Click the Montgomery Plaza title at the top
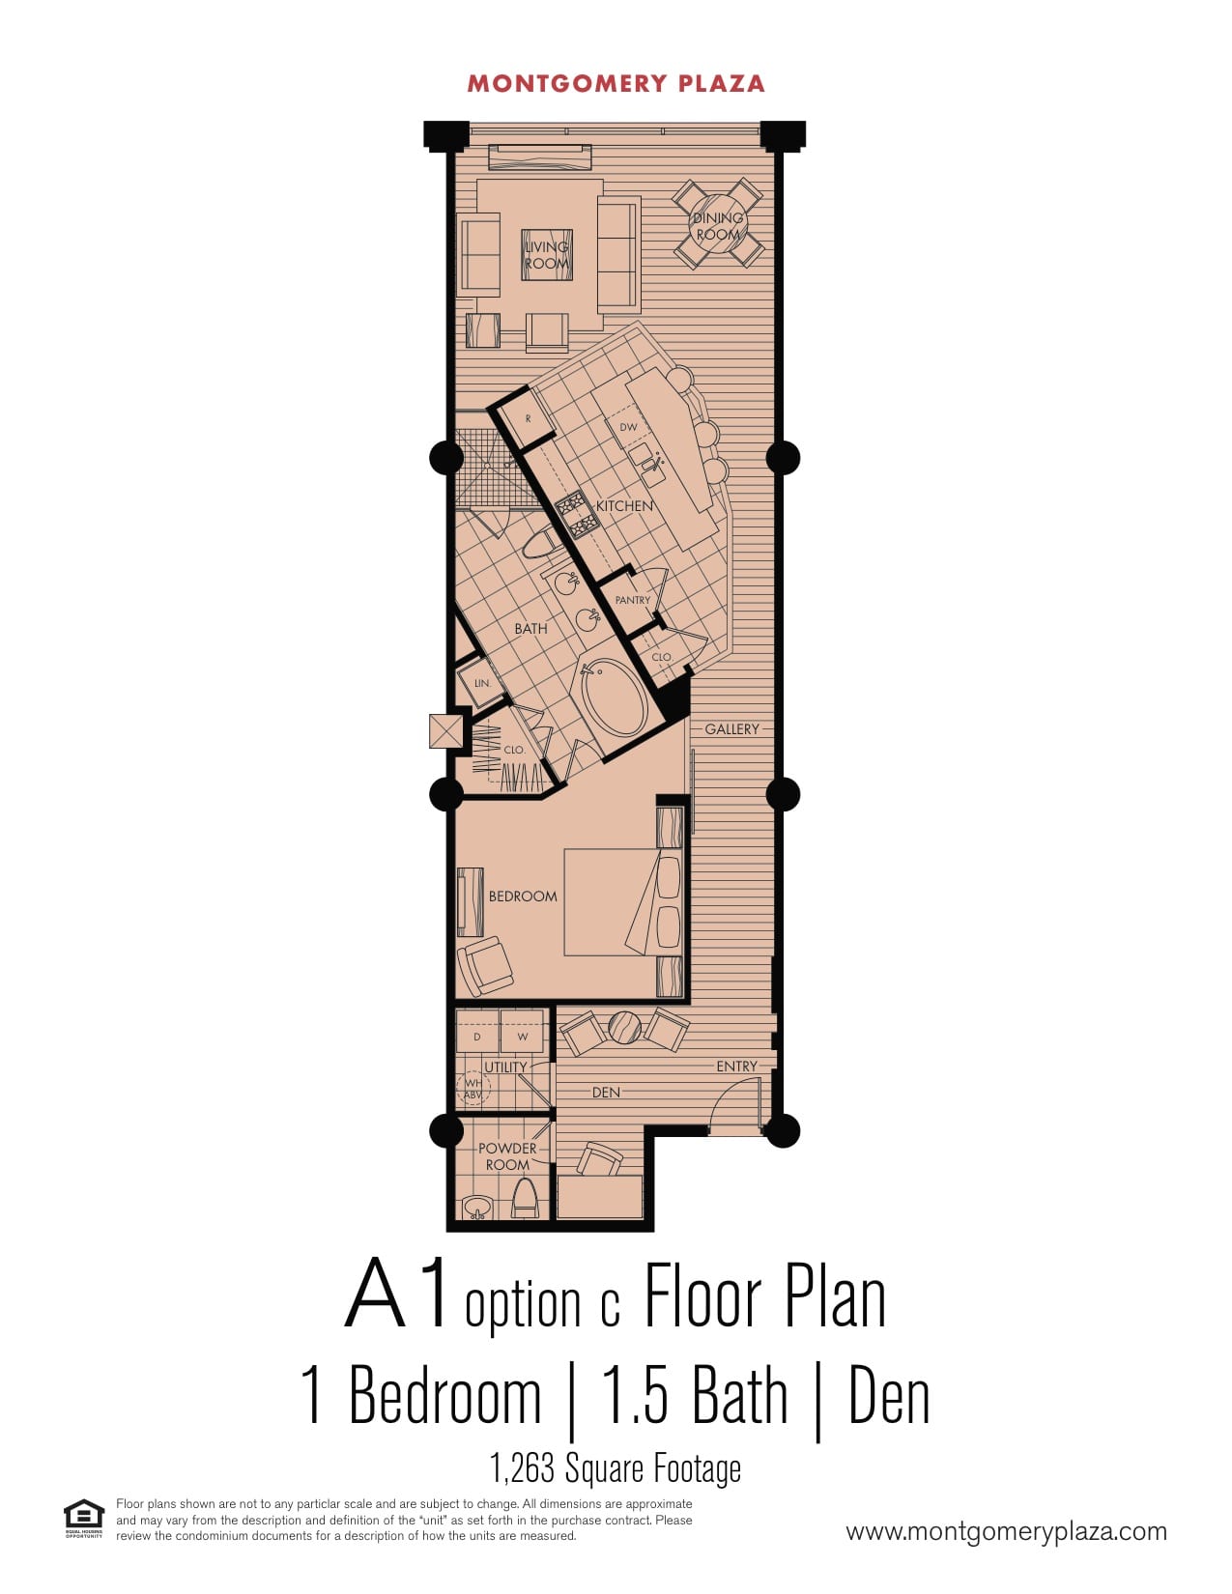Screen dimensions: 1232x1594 coord(616,84)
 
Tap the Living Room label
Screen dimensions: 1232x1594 coord(547,255)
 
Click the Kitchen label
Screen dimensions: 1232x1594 coord(623,505)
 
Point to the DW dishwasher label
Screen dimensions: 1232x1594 coord(628,427)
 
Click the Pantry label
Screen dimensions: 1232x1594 coord(633,599)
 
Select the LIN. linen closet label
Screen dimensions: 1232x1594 coord(482,683)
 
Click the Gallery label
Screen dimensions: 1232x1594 coord(731,729)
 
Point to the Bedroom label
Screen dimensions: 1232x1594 coord(523,896)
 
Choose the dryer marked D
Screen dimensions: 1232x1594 coord(477,1036)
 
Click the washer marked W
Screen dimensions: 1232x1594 coord(523,1036)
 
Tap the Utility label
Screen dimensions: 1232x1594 coord(505,1067)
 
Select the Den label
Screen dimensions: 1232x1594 coord(606,1093)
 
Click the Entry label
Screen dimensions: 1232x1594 coord(736,1066)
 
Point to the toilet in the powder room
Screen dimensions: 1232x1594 coord(524,1198)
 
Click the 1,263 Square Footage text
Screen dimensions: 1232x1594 coord(615,1468)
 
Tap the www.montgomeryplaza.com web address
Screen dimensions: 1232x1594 coord(1006,1531)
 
